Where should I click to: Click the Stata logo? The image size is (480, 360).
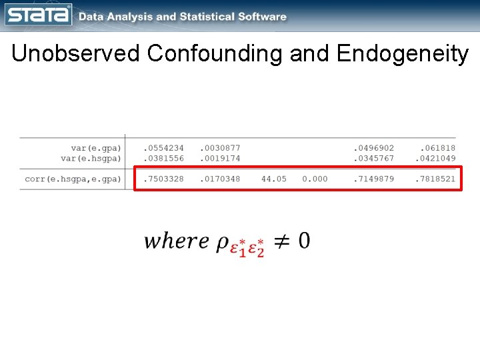pyautogui.click(x=38, y=15)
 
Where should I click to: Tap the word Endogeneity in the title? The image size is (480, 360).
pyautogui.click(x=403, y=53)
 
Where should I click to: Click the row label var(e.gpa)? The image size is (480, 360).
pyautogui.click(x=96, y=148)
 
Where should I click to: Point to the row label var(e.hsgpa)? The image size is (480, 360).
pyautogui.click(x=91, y=159)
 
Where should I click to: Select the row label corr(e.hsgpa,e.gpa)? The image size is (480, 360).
pyautogui.click(x=73, y=179)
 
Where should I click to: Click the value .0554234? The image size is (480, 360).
pyautogui.click(x=163, y=148)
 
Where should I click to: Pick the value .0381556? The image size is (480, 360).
pyautogui.click(x=163, y=159)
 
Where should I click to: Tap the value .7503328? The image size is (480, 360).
pyautogui.click(x=163, y=179)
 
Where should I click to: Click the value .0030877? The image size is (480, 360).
pyautogui.click(x=220, y=148)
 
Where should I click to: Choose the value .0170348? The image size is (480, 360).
pyautogui.click(x=220, y=179)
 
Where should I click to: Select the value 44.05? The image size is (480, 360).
pyautogui.click(x=273, y=179)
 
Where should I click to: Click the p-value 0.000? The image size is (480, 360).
pyautogui.click(x=315, y=179)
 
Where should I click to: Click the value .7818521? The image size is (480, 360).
pyautogui.click(x=435, y=179)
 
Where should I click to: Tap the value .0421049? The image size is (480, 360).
pyautogui.click(x=435, y=159)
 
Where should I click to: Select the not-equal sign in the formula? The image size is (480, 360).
pyautogui.click(x=281, y=241)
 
